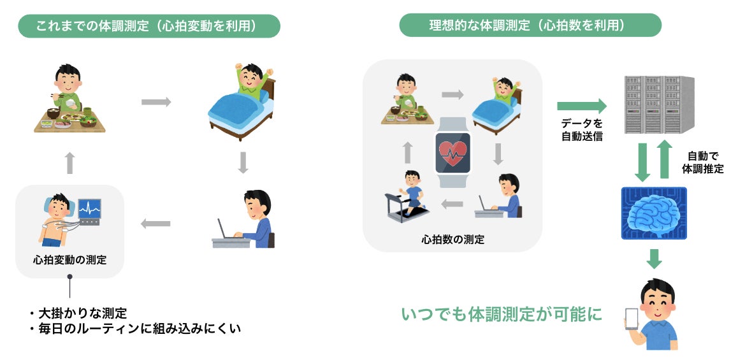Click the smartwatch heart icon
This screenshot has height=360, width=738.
[452, 151]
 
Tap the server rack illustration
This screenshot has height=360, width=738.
[660, 105]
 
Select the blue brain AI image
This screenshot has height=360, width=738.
[654, 213]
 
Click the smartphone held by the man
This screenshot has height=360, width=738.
[631, 320]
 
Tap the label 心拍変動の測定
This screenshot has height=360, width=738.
[70, 259]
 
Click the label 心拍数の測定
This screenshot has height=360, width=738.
[452, 240]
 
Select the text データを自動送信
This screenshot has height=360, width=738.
[582, 131]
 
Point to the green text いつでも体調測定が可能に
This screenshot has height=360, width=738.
[502, 314]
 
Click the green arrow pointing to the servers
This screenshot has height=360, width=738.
[582, 106]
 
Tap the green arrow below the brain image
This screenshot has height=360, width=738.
[654, 259]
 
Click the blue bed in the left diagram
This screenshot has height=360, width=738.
[241, 111]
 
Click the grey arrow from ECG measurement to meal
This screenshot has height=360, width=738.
[69, 163]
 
